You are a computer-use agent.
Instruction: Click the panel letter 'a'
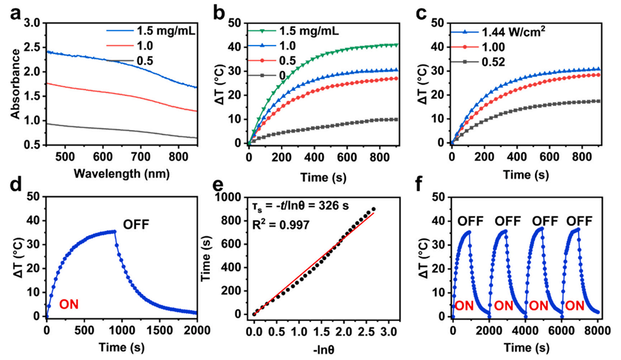12,14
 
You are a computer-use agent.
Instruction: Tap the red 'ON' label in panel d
72,303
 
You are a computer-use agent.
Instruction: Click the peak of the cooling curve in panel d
115,231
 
